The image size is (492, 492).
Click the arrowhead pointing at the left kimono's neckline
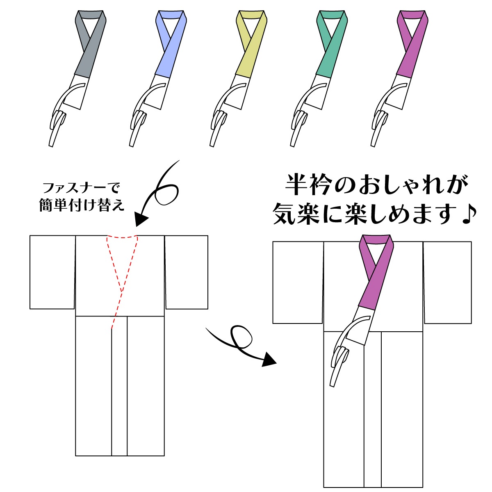[x=141, y=219]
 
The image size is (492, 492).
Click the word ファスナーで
[x=81, y=189]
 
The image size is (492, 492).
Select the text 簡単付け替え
[x=82, y=205]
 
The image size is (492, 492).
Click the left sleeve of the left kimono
[x=52, y=271]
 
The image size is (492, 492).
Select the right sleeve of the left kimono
[x=187, y=271]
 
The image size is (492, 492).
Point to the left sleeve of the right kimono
[x=298, y=282]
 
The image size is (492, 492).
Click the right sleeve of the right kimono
[x=448, y=282]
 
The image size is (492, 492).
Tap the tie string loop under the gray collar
[x=59, y=120]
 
